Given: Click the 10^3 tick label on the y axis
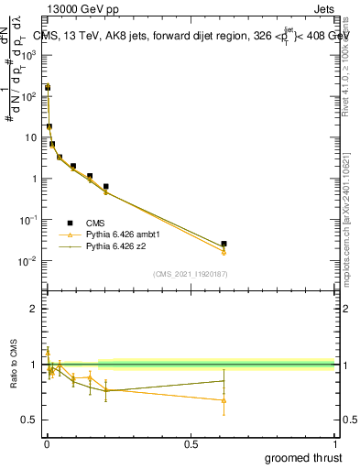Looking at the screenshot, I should tap(28, 55).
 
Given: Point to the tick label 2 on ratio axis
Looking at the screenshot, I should tap(33, 309).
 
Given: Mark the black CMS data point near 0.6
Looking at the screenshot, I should tap(224, 244).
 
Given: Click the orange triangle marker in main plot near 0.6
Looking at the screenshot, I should tap(224, 252).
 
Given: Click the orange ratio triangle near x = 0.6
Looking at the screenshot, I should tap(224, 400).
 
